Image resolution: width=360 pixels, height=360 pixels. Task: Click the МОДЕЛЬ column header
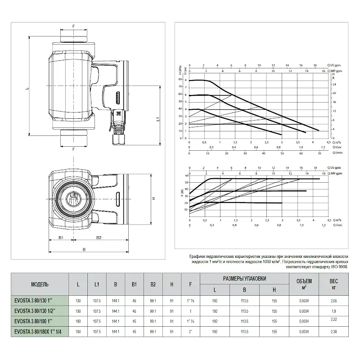pyautogui.click(x=40, y=284)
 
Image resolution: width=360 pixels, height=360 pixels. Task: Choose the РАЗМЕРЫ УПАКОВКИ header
pyautogui.click(x=244, y=279)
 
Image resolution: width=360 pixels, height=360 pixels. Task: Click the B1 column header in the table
pyautogui.click(x=134, y=284)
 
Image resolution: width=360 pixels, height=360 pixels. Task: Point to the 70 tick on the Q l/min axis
pyautogui.click(x=319, y=153)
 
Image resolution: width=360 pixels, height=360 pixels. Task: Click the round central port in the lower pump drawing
pyautogui.click(x=72, y=198)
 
